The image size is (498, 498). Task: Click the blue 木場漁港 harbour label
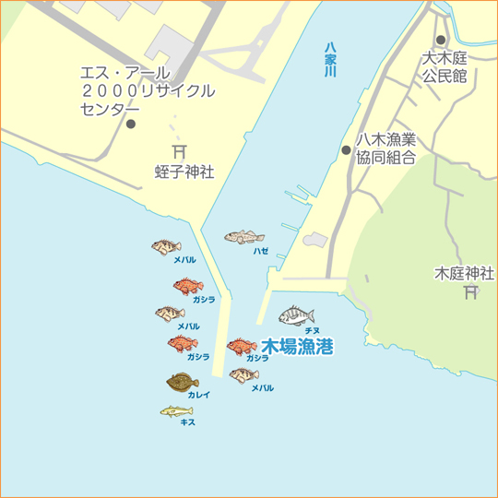pos(297,347)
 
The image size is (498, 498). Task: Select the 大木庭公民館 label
pos(445,66)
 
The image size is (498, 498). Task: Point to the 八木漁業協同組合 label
pos(386,148)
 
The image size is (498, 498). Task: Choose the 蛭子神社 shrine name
pos(184,172)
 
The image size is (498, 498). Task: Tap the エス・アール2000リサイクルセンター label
pos(147,91)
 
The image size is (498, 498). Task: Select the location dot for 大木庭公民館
pos(441,40)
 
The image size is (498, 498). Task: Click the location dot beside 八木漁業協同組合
pos(346,149)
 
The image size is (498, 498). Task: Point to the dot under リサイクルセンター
pos(130,124)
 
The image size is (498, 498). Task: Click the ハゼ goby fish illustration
pos(244,237)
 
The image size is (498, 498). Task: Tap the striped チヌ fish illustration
pos(297,315)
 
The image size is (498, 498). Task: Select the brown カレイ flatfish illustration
pos(183,380)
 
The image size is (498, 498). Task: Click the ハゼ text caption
pos(261,250)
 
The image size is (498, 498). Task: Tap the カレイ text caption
pos(199,394)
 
